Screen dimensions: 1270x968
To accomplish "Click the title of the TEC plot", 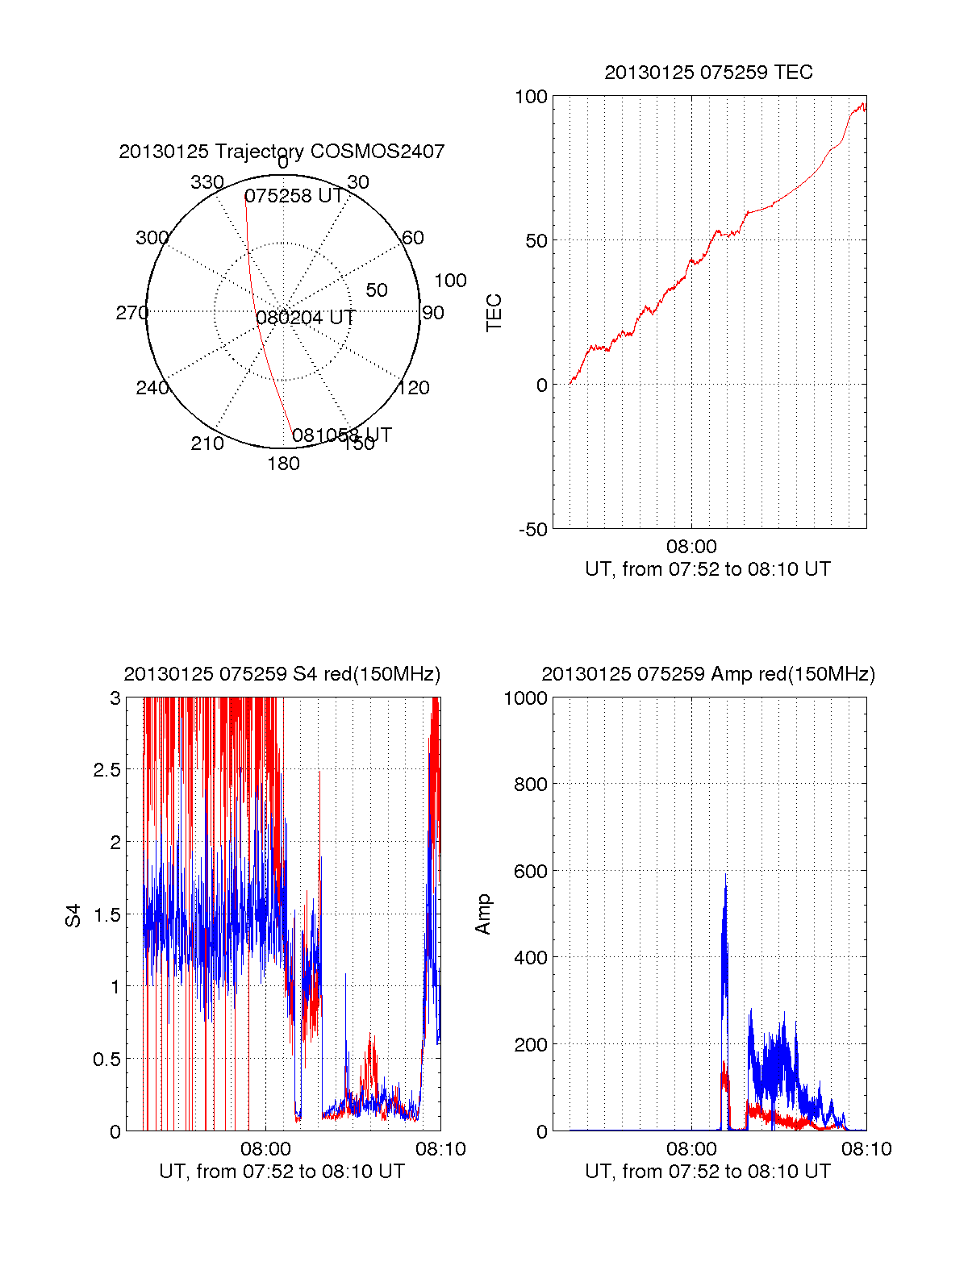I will (x=708, y=73).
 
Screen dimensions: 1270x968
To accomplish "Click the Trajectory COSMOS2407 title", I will (x=282, y=152).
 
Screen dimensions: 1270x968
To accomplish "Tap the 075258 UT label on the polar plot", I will (x=294, y=196).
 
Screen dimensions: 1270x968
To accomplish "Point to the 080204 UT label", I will (x=306, y=318).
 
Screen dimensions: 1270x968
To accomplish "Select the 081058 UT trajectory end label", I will (x=341, y=435).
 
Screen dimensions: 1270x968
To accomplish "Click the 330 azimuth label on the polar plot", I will (x=207, y=182).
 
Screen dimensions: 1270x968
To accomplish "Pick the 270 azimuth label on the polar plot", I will (x=131, y=313).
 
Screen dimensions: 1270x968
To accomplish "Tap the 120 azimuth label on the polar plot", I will (x=414, y=388).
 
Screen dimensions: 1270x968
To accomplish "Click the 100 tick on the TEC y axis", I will (x=531, y=97).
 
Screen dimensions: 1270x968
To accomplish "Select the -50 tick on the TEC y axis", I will (x=532, y=530).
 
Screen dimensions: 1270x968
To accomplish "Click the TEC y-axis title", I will (x=494, y=312).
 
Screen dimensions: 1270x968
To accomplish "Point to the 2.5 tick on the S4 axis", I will (x=107, y=770).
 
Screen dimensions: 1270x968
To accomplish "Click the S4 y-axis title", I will (x=73, y=915).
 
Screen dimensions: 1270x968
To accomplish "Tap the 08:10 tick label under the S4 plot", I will (x=440, y=1149).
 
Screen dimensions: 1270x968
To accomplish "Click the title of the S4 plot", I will (x=282, y=674).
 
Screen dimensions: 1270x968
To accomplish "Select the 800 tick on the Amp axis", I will (x=531, y=784).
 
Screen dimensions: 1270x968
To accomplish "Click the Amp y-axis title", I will (x=483, y=914).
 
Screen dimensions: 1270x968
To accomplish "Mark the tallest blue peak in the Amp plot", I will (x=725, y=875).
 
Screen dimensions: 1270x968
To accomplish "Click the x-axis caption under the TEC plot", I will (x=707, y=569).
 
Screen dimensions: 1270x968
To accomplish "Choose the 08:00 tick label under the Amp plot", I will (x=691, y=1149).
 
